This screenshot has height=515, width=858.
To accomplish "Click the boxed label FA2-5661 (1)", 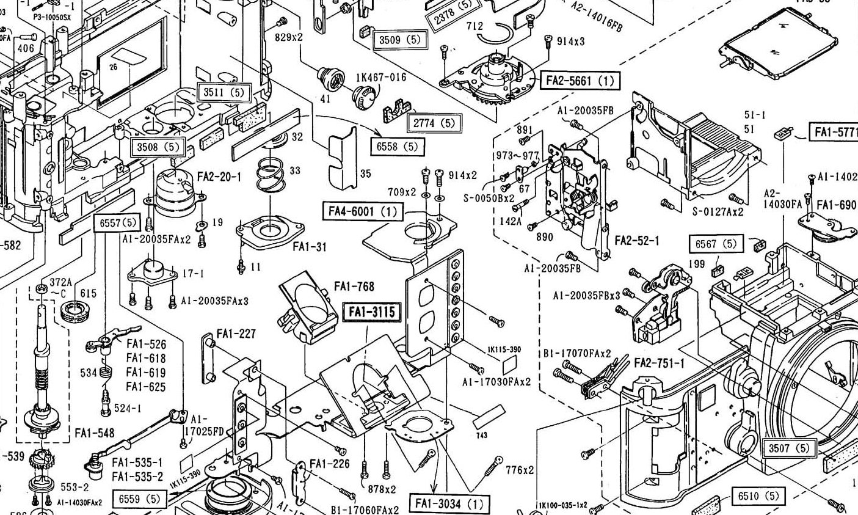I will coord(580,80).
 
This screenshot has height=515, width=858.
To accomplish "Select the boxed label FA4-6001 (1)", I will coord(362,211).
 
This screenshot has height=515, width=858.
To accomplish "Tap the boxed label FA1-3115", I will coord(372,312).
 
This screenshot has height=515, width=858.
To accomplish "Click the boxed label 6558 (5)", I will coord(397,147).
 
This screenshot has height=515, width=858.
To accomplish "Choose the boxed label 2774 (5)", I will coord(434,122).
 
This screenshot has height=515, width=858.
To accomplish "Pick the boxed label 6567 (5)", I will coord(716,243).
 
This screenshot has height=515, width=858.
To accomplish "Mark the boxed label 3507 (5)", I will coord(789,448).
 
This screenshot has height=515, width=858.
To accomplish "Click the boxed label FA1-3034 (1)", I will coord(449,505).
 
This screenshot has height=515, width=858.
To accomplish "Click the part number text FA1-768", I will coord(354,286).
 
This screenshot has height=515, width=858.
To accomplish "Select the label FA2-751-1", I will coord(660,363).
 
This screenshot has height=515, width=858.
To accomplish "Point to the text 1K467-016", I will coord(381,77).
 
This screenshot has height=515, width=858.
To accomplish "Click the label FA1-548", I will coord(94,433).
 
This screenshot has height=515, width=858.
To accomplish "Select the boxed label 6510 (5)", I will coord(758,496).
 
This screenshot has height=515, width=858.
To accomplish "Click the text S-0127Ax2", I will coord(718,211).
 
